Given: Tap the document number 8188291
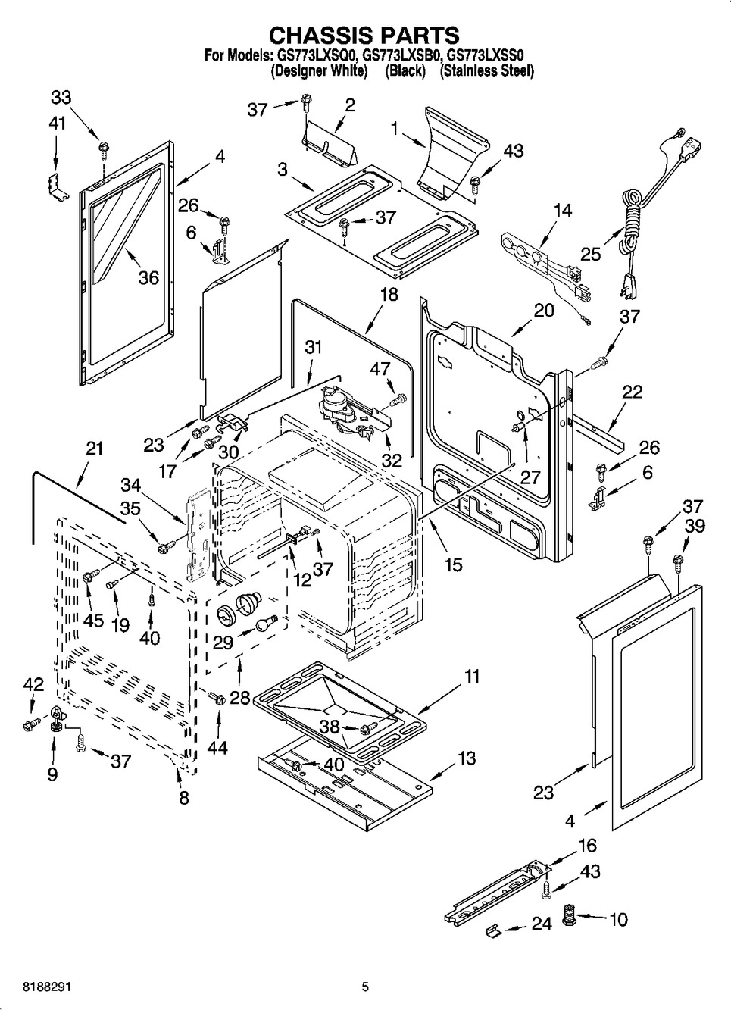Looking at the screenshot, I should pyautogui.click(x=29, y=987).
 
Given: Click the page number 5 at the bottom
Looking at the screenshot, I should pyautogui.click(x=365, y=987).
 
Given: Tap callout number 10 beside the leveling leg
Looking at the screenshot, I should pyautogui.click(x=618, y=920).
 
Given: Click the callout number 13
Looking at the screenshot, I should pyautogui.click(x=467, y=758).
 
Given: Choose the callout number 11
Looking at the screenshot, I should pyautogui.click(x=472, y=676).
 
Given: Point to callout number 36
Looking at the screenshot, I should pyautogui.click(x=148, y=277).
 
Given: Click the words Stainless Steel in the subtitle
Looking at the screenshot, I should pyautogui.click(x=487, y=71).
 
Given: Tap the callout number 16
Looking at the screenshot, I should pyautogui.click(x=587, y=846).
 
